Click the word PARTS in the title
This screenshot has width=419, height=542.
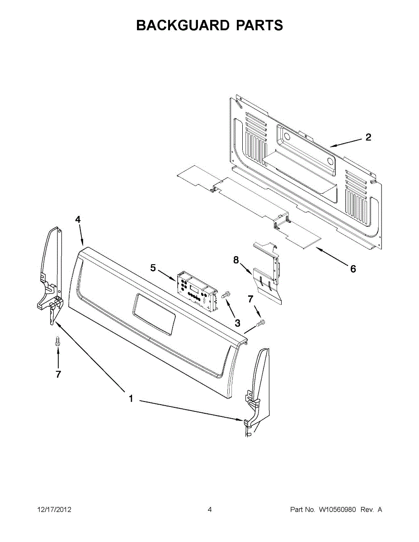[x=259, y=25]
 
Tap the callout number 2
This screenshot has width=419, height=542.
[x=368, y=137]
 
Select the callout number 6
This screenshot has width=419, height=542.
[x=353, y=269]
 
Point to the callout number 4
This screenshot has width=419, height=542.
[x=78, y=220]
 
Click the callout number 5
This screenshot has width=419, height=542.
[x=153, y=268]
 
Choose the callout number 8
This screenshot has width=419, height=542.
[x=236, y=260]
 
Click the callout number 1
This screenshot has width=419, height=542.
[x=131, y=399]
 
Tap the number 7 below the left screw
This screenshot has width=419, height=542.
[x=58, y=374]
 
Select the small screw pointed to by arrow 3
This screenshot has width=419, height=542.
[x=226, y=294]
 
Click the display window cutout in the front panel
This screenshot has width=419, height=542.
[x=153, y=314]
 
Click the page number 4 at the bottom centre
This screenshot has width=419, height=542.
[x=210, y=510]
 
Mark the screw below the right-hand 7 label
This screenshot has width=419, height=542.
[x=261, y=323]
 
